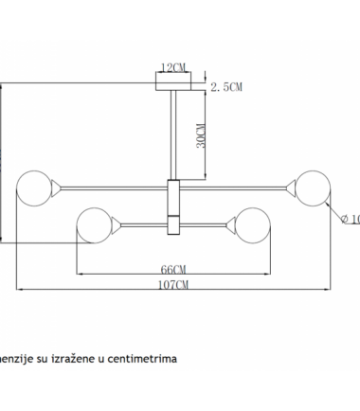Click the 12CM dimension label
click(172, 68)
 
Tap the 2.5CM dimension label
click(227, 86)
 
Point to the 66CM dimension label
click(172, 268)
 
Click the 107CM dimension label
click(172, 284)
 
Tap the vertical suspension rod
click(172, 133)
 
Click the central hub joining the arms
click(172, 206)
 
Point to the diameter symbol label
click(349, 221)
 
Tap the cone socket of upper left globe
click(59, 185)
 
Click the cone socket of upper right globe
click(290, 185)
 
